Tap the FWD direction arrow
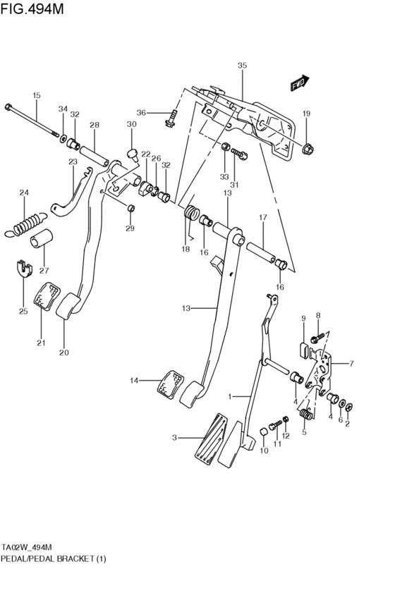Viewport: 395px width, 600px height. (x=300, y=84)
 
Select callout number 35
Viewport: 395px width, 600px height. (x=242, y=66)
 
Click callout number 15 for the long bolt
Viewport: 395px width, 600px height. (x=37, y=95)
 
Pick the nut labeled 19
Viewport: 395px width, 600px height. (x=308, y=149)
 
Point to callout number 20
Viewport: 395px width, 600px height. (x=64, y=353)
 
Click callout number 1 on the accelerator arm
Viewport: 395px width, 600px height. (x=229, y=397)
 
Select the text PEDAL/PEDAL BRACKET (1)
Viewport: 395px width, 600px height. (x=47, y=556)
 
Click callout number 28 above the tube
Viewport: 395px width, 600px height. (x=94, y=125)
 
